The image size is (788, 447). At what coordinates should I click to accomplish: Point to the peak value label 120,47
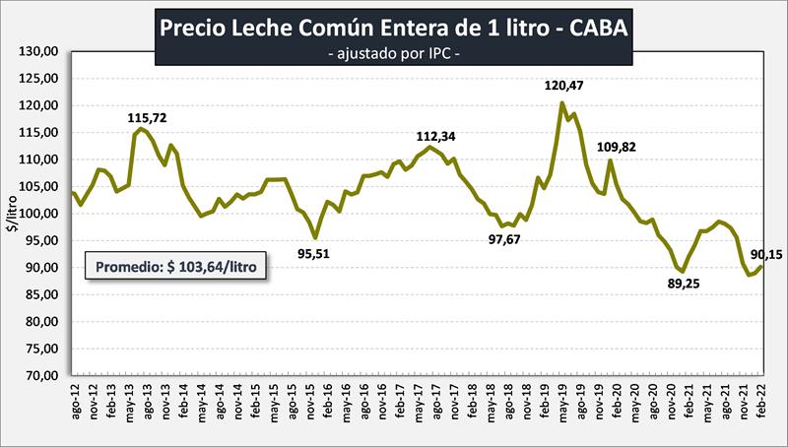click(565, 87)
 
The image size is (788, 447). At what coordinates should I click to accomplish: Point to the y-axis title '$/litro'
click(12, 214)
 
